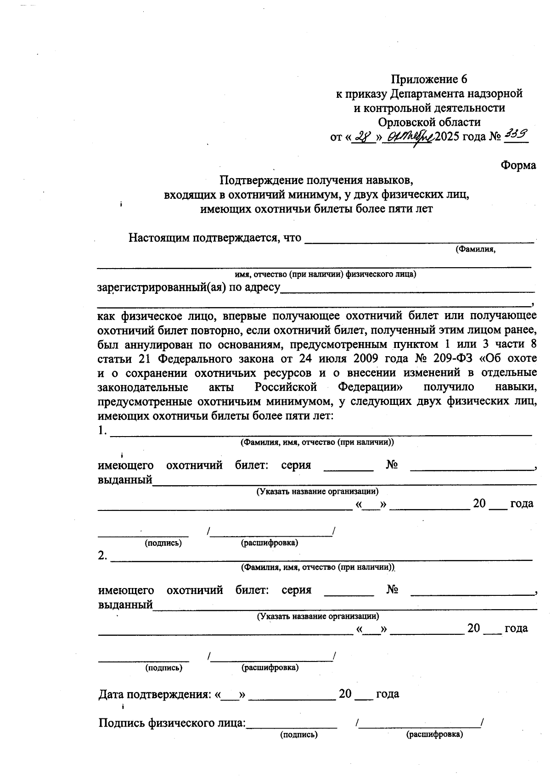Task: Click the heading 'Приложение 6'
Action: [x=429, y=79]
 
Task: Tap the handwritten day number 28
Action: [x=363, y=137]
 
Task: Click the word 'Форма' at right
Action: [x=518, y=165]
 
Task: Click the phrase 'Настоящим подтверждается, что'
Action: [x=214, y=238]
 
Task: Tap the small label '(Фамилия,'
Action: [x=475, y=249]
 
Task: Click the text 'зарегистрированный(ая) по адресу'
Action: [x=189, y=288]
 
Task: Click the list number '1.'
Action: [x=102, y=431]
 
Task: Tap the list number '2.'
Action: [x=102, y=556]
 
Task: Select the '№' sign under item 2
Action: [x=392, y=589]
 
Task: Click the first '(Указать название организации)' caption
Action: [x=317, y=491]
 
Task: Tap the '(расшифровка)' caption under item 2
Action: [x=270, y=667]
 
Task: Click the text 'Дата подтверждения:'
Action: [x=155, y=694]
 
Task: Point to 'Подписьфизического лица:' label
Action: [x=172, y=723]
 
